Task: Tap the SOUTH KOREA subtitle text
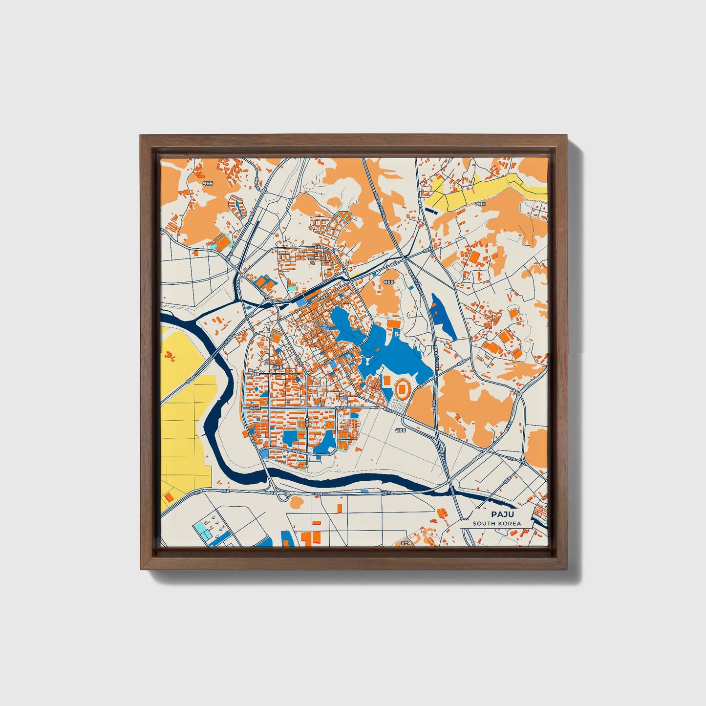(x=496, y=523)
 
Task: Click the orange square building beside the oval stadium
(x=386, y=380)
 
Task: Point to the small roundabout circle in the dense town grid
(x=306, y=374)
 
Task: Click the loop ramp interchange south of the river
(x=282, y=496)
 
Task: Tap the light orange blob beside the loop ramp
(x=296, y=502)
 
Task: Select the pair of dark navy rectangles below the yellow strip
(x=432, y=210)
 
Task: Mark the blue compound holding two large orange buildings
(x=264, y=282)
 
